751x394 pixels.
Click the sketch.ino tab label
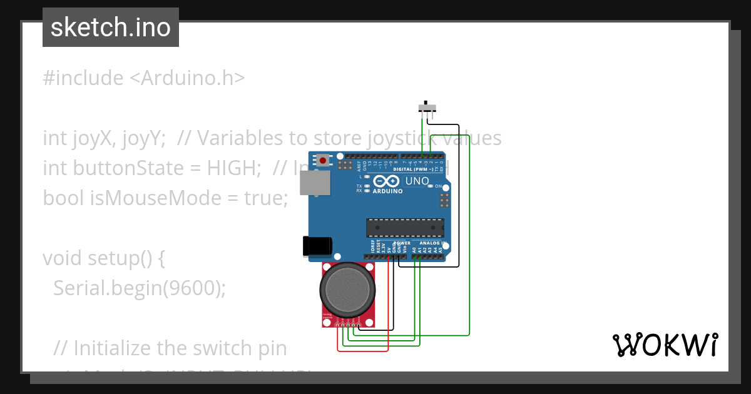pos(111,28)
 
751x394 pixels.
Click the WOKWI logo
pos(664,345)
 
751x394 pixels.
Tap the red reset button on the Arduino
pos(322,161)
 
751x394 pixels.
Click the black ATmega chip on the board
pos(405,228)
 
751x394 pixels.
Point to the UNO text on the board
pos(417,181)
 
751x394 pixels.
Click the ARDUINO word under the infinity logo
pos(387,191)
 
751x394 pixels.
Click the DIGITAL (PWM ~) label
pos(414,169)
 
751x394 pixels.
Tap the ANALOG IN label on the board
pos(432,243)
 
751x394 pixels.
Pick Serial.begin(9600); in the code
pos(139,288)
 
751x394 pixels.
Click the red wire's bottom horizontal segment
pos(363,350)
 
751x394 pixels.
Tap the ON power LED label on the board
pos(438,186)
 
